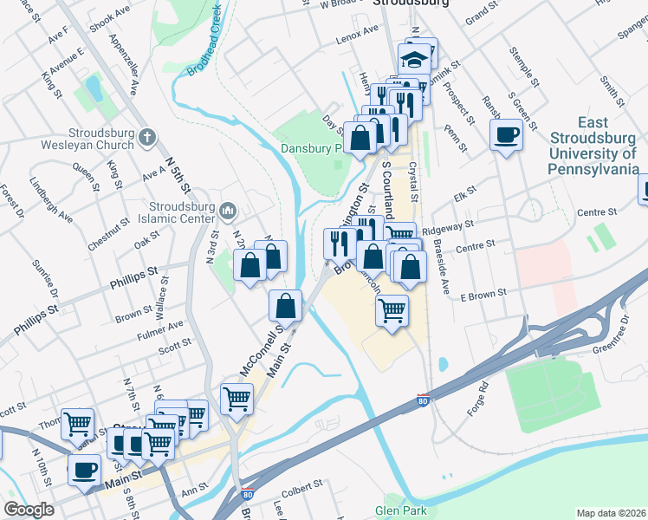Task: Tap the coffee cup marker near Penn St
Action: (x=507, y=134)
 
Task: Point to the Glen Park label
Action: (x=400, y=510)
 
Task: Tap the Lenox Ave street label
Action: (x=358, y=31)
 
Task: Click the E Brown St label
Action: (x=483, y=296)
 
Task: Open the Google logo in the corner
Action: (x=29, y=510)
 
